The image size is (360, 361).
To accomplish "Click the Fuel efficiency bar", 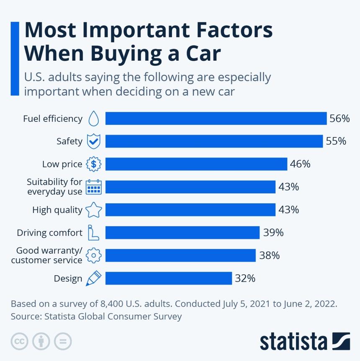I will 216,119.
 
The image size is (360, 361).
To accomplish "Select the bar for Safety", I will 214,141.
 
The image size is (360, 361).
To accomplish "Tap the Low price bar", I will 196,164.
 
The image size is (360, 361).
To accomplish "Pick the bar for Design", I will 168,278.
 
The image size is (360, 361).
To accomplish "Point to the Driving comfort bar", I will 183,232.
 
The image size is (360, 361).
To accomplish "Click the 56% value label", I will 339,119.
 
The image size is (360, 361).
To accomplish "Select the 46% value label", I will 300,164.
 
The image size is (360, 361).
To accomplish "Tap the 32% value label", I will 245,278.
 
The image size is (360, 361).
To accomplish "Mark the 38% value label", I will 269,255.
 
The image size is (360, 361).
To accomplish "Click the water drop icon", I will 94,119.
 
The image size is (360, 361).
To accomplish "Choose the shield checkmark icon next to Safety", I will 94,142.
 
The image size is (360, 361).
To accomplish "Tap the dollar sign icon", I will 94,164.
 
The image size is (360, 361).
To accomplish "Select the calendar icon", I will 94,187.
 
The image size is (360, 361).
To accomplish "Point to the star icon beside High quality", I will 94,210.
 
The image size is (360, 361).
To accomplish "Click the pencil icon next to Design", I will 93,278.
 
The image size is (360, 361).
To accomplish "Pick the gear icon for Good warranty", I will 94,255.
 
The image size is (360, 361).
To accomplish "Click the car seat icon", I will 93,232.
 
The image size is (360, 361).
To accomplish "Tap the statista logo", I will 304,341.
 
